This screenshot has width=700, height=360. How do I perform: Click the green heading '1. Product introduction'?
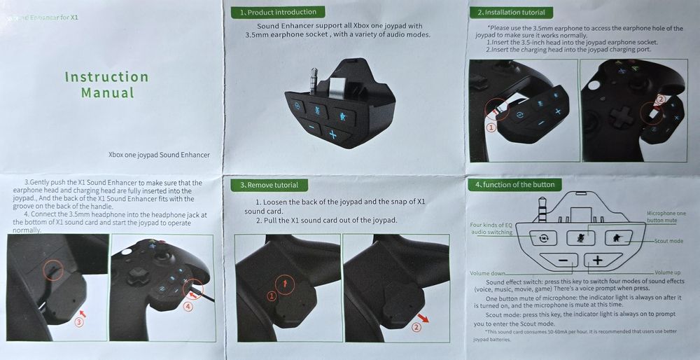tap(277, 12)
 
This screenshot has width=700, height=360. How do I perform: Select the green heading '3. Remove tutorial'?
tap(269, 185)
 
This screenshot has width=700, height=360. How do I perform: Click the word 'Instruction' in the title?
tap(106, 77)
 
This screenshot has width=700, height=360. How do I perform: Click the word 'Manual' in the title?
tap(107, 92)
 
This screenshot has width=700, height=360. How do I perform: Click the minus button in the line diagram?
tap(563, 261)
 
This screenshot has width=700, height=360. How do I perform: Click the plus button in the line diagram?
tap(598, 261)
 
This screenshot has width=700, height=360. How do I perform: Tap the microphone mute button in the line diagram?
tap(580, 237)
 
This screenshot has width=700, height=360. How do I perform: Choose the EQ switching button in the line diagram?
tap(542, 237)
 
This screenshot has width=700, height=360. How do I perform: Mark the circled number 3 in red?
tap(79, 323)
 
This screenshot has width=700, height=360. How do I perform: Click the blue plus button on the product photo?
tap(334, 135)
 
